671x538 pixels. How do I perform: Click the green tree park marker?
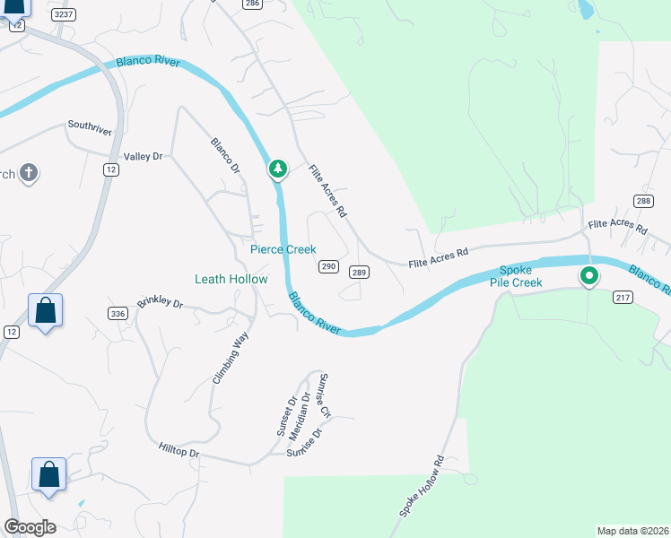[x=278, y=168]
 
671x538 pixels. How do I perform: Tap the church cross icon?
[x=28, y=172]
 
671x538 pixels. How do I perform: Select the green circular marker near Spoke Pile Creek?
[x=588, y=276]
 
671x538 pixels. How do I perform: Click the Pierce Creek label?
[x=283, y=249]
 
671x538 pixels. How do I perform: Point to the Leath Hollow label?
[x=231, y=279]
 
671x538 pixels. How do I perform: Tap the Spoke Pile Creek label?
[x=516, y=276]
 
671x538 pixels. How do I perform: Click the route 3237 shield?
[x=63, y=14]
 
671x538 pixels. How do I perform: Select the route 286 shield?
[x=251, y=4]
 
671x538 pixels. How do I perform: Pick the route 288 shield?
[x=642, y=201]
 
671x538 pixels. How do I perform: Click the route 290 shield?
[x=328, y=266]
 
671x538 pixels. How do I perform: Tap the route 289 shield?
[x=359, y=273]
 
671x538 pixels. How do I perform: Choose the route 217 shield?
[x=623, y=298]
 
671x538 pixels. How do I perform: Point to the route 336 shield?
[x=117, y=313]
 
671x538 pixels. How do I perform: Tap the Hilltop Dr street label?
[x=179, y=449]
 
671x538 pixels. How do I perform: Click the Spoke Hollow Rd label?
[x=422, y=487]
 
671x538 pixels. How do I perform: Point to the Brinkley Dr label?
[x=160, y=304]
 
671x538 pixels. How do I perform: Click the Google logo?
[x=30, y=526]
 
